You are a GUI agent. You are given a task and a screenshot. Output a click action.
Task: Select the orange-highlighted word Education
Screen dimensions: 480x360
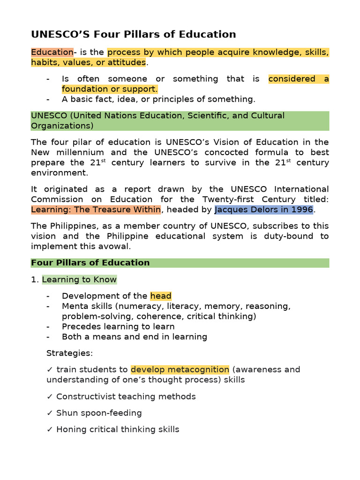point(52,52)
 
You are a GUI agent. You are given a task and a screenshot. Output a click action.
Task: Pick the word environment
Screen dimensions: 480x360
point(60,172)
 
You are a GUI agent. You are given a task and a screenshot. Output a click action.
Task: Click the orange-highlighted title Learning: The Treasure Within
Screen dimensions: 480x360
point(96,210)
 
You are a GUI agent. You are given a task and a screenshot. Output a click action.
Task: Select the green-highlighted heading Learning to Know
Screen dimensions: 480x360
point(79,280)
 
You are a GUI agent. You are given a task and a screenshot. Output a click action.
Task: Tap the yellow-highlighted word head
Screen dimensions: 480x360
point(161,296)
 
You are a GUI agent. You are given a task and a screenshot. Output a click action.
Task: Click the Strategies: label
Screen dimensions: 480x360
point(69,353)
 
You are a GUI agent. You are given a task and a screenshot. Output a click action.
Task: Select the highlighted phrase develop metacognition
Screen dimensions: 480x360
point(180,369)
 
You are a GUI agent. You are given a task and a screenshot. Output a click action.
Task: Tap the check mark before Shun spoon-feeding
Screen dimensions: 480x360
point(50,413)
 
